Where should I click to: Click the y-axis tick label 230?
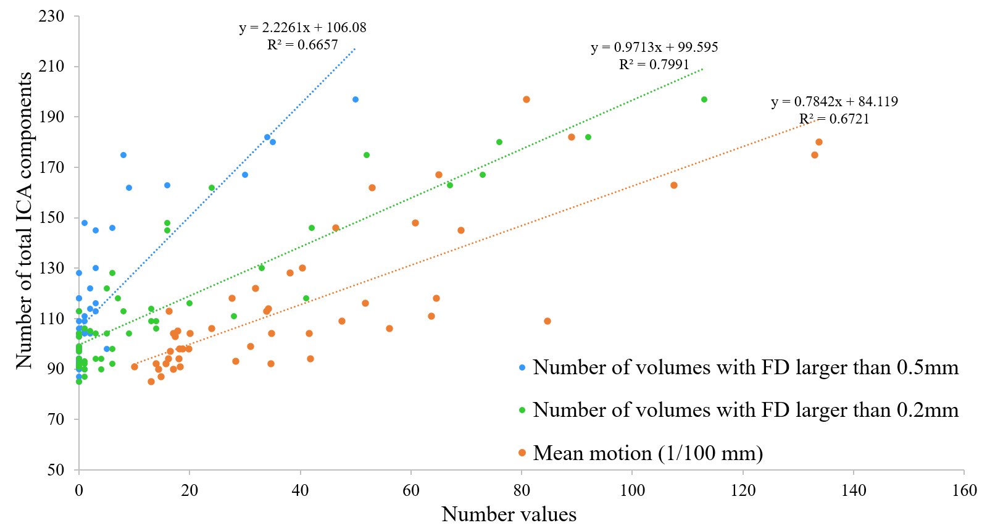pyautogui.click(x=52, y=16)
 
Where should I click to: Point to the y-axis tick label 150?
pyautogui.click(x=52, y=217)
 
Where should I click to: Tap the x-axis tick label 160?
pyautogui.click(x=964, y=490)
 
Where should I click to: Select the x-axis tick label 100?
pyautogui.click(x=632, y=490)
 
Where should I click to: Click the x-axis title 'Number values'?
pyautogui.click(x=509, y=514)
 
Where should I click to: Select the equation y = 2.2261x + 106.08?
pyautogui.click(x=302, y=28)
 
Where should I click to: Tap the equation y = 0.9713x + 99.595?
pyautogui.click(x=654, y=48)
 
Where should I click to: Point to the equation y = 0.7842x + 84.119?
pyautogui.click(x=834, y=102)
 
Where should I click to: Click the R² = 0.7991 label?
pyautogui.click(x=654, y=64)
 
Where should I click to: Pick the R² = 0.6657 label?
pyautogui.click(x=302, y=44)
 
